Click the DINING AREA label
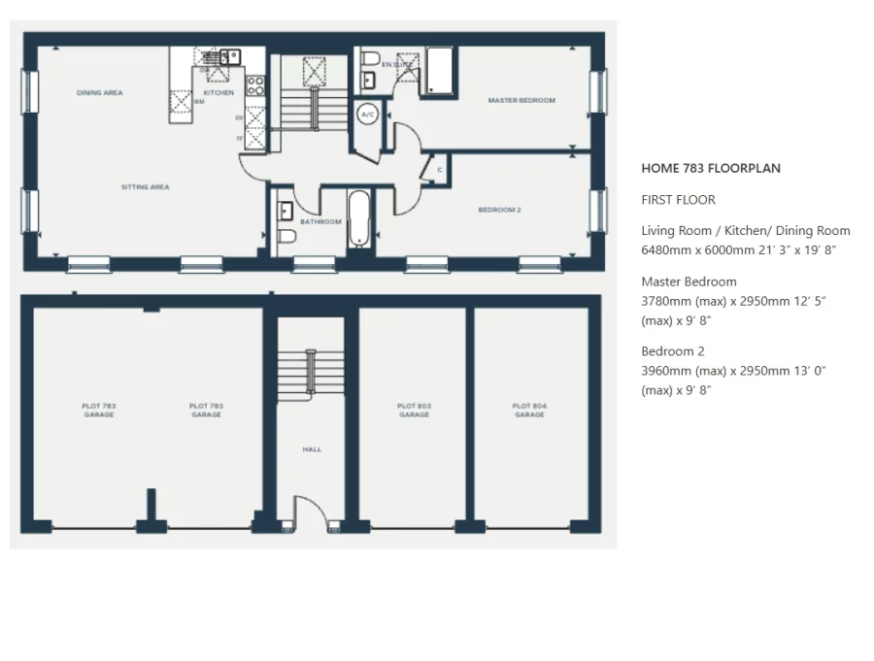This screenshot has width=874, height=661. tap(99, 93)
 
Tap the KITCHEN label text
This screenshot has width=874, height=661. tap(218, 93)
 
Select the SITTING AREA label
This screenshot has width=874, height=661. tap(145, 187)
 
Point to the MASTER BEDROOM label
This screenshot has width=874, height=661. tap(521, 101)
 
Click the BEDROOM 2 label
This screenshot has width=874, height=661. tap(499, 210)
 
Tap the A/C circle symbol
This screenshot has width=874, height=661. tap(368, 115)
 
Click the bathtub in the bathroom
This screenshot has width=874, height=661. tap(358, 218)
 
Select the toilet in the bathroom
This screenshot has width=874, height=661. tap(286, 238)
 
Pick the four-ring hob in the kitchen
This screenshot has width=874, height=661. tap(255, 85)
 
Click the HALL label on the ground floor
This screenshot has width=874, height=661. tap(312, 449)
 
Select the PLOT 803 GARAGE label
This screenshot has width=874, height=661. tap(414, 411)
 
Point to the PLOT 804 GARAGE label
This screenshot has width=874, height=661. tap(529, 411)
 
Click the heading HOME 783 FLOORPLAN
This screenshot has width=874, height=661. tap(711, 168)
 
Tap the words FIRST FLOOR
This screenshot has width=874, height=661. tap(678, 200)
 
